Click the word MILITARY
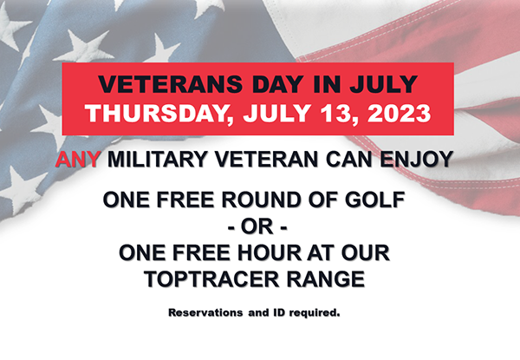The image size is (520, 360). pyautogui.click(x=155, y=160)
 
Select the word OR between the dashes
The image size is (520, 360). pyautogui.click(x=260, y=227)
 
